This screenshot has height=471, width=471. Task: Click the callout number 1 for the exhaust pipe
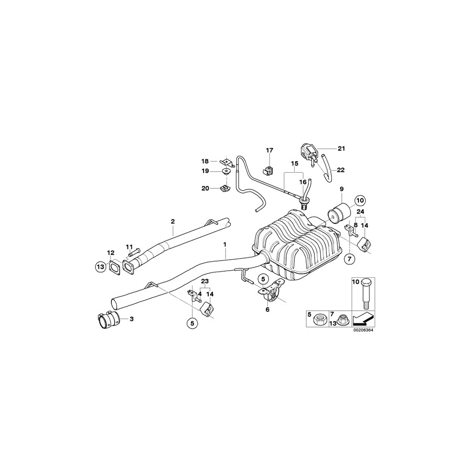point(225,244)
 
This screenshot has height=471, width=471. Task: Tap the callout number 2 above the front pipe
point(173,221)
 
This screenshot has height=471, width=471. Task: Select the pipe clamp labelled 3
point(109,318)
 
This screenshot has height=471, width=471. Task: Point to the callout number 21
point(341,149)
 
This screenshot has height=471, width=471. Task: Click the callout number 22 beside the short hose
point(341,170)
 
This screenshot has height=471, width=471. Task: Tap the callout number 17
point(270,151)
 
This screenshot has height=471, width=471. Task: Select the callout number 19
point(205,171)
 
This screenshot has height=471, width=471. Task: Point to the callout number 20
point(205,188)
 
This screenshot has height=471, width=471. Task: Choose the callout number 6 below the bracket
point(267,310)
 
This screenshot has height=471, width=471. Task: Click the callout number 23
point(204,281)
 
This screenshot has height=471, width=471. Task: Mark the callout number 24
point(360,211)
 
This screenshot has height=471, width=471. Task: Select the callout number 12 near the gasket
point(111,253)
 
